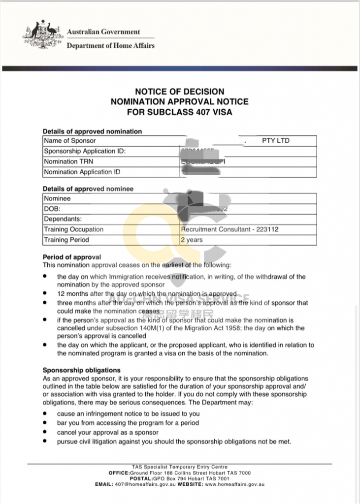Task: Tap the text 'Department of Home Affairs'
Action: click(110, 46)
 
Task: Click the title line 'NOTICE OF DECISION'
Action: click(180, 92)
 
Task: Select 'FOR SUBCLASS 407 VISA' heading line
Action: click(180, 112)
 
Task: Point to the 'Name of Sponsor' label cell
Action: click(66, 141)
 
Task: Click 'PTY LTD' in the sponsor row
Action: click(276, 141)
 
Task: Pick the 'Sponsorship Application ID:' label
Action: click(85, 151)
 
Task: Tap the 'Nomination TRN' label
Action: click(68, 161)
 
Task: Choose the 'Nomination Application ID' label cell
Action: click(82, 172)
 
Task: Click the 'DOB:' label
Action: click(52, 209)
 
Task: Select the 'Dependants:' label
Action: click(63, 219)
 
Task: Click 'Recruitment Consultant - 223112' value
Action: click(230, 229)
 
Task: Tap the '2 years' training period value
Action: click(192, 240)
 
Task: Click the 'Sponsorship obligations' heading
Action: click(82, 370)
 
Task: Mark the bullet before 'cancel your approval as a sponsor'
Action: click(45, 432)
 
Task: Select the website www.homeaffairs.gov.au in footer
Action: click(234, 484)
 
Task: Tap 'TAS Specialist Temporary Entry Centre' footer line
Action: click(180, 467)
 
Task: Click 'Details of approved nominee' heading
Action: click(88, 189)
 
